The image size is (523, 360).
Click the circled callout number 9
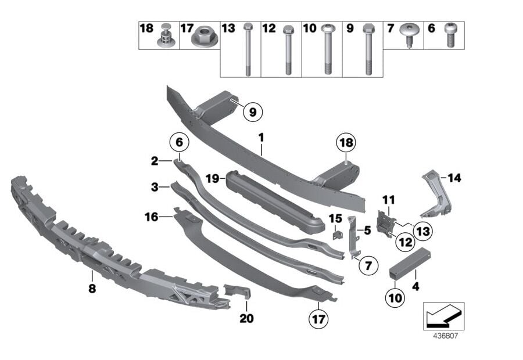coord(252,112)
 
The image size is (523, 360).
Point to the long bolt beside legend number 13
coord(248,49)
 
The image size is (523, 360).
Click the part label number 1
coord(261,138)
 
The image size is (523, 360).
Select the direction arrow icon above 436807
coord(443,316)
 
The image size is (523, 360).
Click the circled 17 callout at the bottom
coord(318,318)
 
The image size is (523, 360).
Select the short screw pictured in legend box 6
coord(449,36)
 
